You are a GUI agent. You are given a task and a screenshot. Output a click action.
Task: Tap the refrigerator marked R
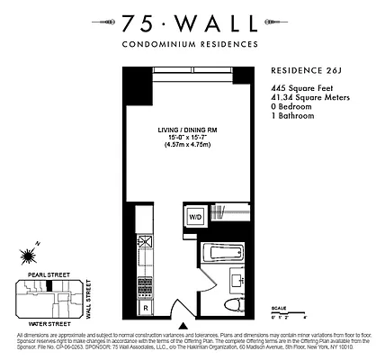pyautogui.click(x=146, y=307)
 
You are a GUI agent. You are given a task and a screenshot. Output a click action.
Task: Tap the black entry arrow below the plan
pyautogui.click(x=184, y=326)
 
